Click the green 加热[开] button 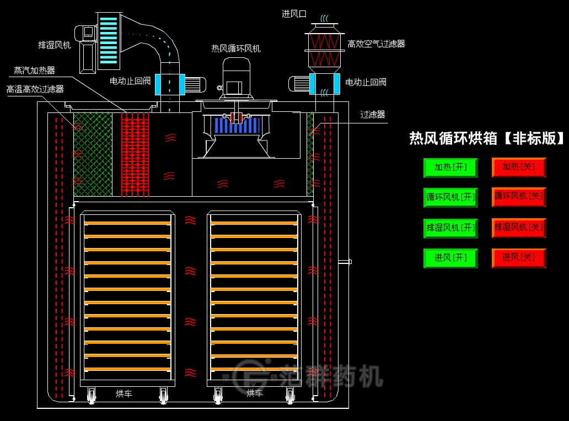(x=450, y=167)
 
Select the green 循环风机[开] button (x=450, y=197)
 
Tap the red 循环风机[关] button (x=519, y=196)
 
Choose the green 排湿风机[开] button (x=450, y=228)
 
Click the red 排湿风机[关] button (x=519, y=227)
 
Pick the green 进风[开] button (x=450, y=258)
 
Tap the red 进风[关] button (x=519, y=257)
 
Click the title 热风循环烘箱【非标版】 (x=487, y=138)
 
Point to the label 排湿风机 (x=54, y=45)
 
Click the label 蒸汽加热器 (x=34, y=71)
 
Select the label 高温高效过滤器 (x=35, y=89)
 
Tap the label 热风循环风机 (x=236, y=48)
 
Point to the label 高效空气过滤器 (x=376, y=44)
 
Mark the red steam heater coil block (x=135, y=154)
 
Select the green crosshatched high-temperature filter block (x=93, y=154)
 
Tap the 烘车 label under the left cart (x=124, y=393)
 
